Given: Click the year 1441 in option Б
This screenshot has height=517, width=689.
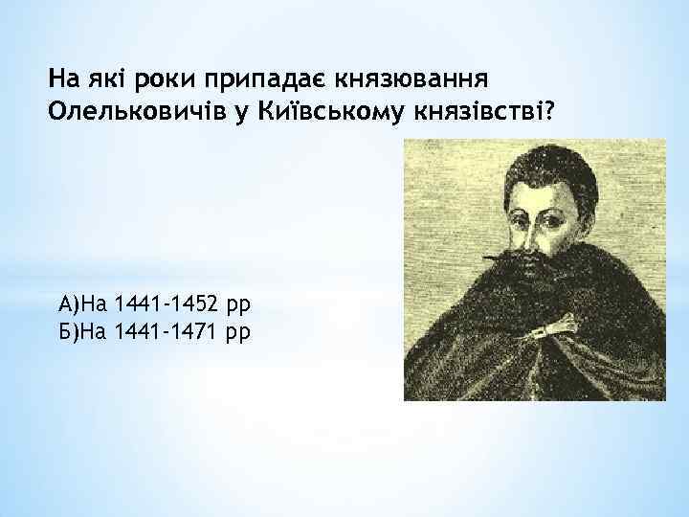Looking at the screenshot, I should click(x=137, y=331).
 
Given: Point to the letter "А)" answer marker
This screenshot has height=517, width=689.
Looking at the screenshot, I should click(x=66, y=305).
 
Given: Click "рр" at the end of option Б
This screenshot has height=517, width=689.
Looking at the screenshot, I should click(x=239, y=333).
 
